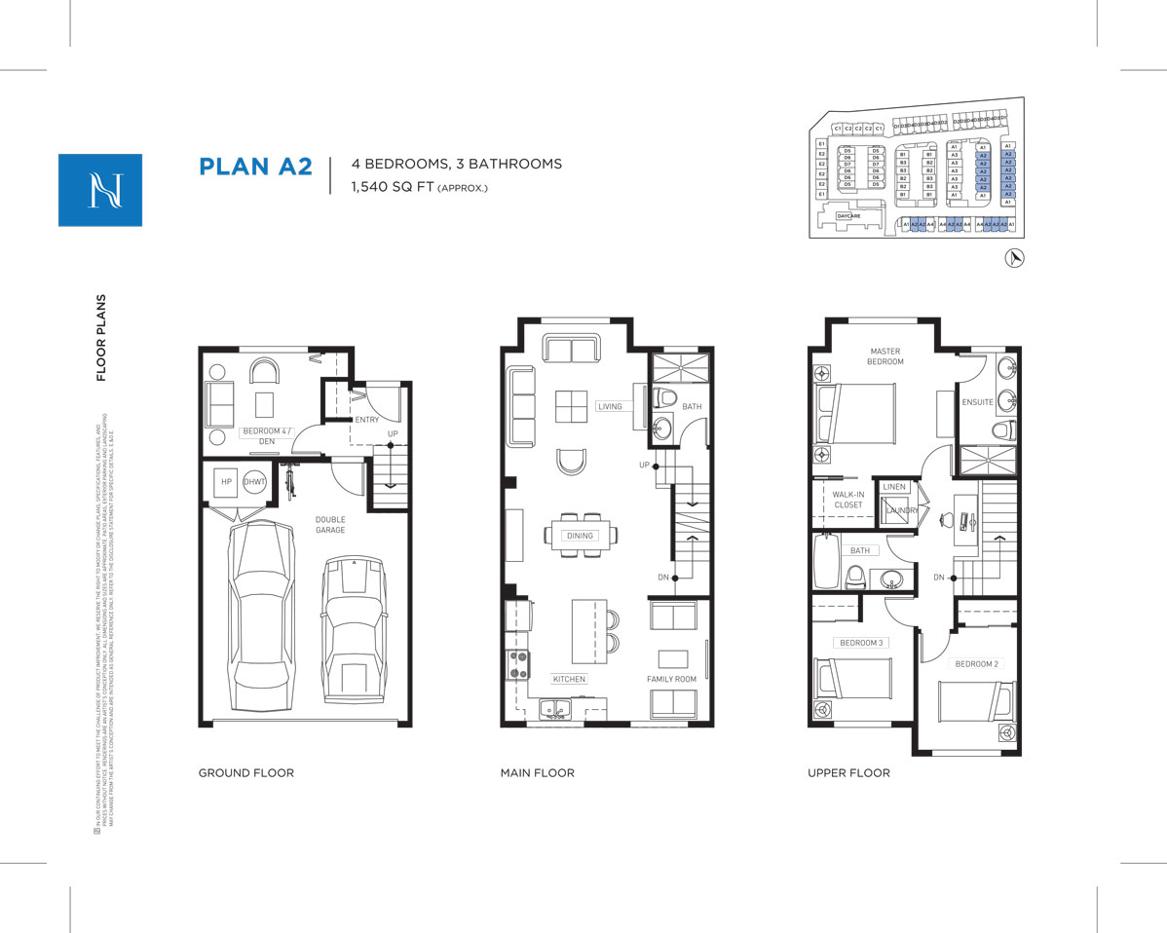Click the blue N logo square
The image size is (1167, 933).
[99, 190]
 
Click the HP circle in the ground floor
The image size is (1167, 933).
[226, 482]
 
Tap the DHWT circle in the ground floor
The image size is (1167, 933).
[255, 482]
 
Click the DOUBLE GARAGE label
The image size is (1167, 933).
[329, 525]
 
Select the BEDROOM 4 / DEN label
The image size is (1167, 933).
[258, 435]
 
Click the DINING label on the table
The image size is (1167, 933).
[580, 536]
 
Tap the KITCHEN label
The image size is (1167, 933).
[569, 679]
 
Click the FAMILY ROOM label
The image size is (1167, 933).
[672, 679]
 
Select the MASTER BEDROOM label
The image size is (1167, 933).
[885, 356]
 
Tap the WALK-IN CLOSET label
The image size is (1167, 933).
[847, 500]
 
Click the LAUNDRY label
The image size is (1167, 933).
[902, 510]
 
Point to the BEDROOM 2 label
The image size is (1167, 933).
[976, 664]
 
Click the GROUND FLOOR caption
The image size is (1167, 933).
[245, 773]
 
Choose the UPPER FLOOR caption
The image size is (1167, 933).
[848, 773]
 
